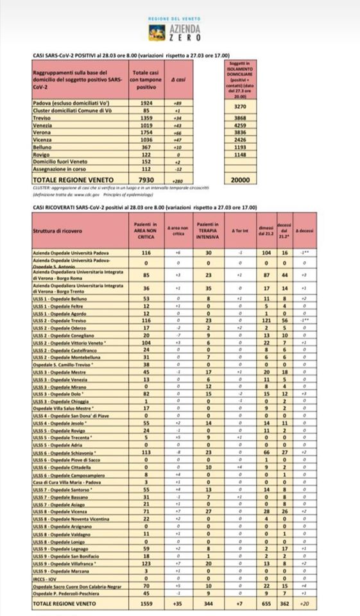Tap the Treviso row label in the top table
point(43,117)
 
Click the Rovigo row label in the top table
point(42,154)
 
